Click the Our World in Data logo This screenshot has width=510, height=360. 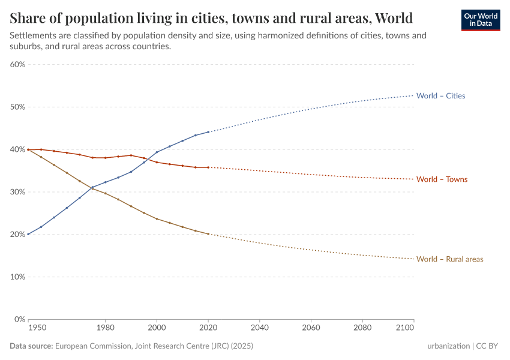click(x=480, y=20)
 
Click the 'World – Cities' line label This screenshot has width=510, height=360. click(x=440, y=96)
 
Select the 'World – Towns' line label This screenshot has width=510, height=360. click(x=442, y=179)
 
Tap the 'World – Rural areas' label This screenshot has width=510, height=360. click(x=449, y=259)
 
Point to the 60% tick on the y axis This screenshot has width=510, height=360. click(x=17, y=65)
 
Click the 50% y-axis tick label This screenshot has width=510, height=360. click(x=17, y=107)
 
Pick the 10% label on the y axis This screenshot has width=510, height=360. click(x=17, y=277)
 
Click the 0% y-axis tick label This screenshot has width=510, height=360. click(x=19, y=320)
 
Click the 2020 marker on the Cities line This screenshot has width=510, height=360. click(x=208, y=132)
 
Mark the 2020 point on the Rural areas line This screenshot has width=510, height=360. click(x=208, y=234)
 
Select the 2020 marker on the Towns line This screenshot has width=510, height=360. click(x=208, y=167)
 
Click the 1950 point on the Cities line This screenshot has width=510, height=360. click(x=28, y=234)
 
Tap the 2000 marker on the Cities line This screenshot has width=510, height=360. click(x=157, y=152)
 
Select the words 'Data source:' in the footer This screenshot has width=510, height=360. click(x=31, y=346)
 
